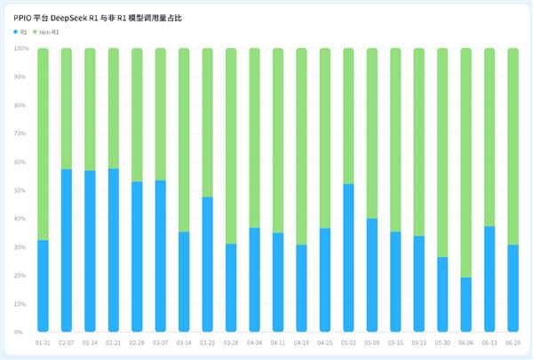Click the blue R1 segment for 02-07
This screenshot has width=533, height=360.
(67, 250)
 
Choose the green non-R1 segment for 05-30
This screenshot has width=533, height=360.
(442, 152)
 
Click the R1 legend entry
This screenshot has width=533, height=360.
(20, 32)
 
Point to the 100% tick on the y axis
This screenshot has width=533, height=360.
(22, 49)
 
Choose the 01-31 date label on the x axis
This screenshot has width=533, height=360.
(43, 342)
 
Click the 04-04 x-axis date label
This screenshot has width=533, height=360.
(254, 342)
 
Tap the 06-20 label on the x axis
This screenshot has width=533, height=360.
(513, 342)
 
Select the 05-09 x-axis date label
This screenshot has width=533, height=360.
(371, 342)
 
